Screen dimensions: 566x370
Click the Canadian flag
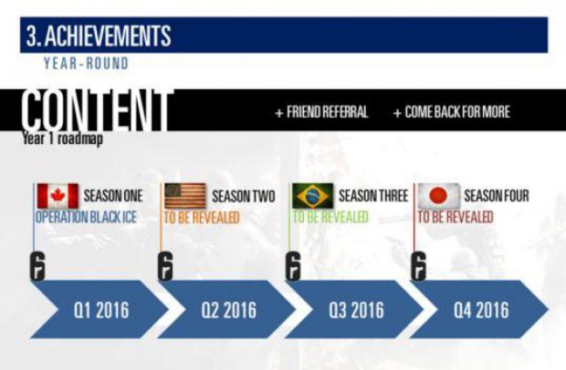(x=58, y=196)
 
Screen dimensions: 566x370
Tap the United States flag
(x=185, y=196)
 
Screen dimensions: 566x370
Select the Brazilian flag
(x=312, y=196)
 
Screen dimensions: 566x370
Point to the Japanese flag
(x=439, y=196)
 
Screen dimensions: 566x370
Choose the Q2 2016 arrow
(x=226, y=310)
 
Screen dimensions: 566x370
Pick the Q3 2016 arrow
(x=354, y=310)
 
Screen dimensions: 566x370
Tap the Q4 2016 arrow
(x=479, y=310)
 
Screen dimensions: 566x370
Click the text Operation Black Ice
(x=86, y=217)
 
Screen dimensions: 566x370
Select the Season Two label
(x=244, y=196)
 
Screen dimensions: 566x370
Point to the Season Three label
(x=373, y=196)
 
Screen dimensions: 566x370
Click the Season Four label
(x=497, y=196)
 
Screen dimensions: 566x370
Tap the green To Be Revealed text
(x=330, y=217)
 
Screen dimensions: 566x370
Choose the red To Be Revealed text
(x=456, y=217)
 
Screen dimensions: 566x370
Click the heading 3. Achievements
(x=99, y=36)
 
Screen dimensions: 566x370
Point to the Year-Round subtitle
(x=87, y=64)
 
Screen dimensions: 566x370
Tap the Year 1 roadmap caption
(x=62, y=139)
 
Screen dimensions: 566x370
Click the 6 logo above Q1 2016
(x=37, y=266)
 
